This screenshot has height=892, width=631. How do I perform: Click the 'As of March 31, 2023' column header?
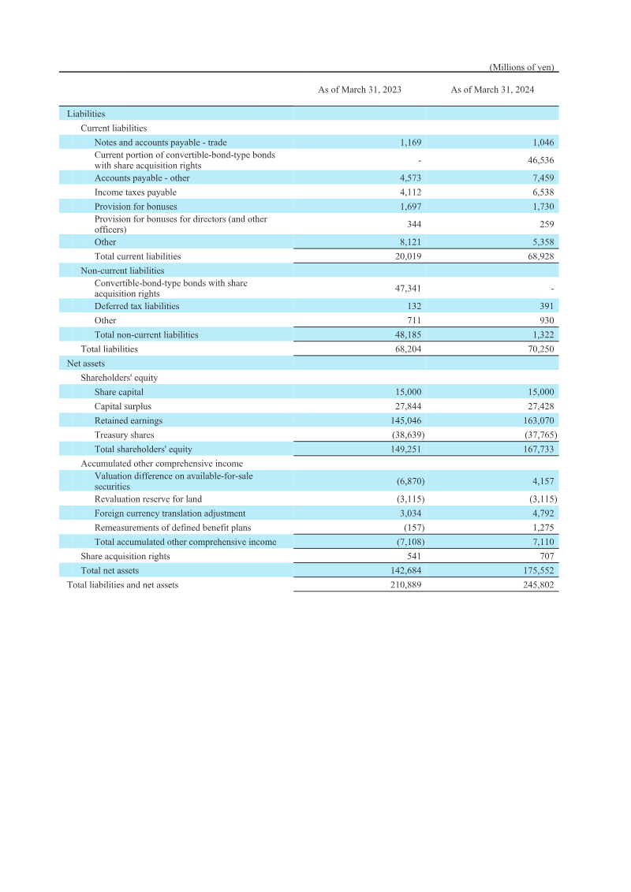point(360,90)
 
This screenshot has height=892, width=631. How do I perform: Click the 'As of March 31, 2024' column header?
point(492,90)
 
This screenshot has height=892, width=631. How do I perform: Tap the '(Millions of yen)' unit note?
point(523,67)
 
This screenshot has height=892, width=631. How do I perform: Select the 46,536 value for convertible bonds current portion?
point(539,160)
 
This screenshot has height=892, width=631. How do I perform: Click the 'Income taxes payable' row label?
point(135,192)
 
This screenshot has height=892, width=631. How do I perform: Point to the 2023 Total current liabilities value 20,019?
point(408,256)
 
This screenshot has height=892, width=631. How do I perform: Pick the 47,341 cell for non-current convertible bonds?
point(408,289)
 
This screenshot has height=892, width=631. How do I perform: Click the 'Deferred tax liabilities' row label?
point(136,306)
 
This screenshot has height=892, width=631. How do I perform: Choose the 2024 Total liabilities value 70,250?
point(540,349)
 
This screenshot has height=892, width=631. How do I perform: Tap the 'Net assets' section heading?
point(85,364)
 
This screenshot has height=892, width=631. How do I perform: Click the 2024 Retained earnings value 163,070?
point(539,420)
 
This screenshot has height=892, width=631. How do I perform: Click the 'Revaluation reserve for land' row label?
point(147,499)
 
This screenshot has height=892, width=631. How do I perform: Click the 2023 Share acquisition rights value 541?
point(413,556)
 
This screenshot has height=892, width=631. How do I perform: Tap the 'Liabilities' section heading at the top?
point(86,114)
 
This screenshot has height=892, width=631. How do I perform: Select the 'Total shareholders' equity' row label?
point(143,450)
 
